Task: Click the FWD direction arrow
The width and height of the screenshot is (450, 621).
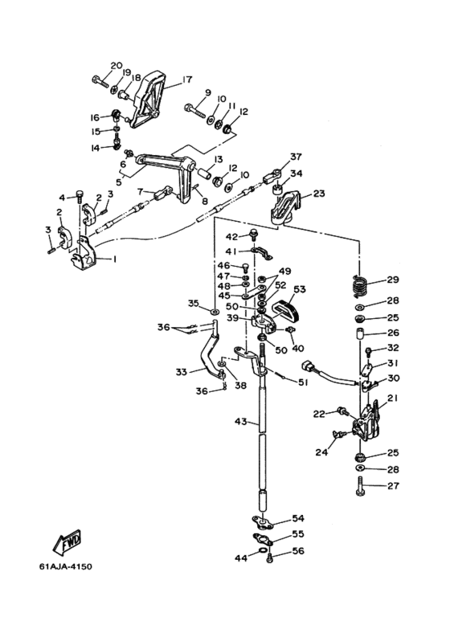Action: tap(67, 541)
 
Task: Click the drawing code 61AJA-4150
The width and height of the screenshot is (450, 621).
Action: tap(65, 566)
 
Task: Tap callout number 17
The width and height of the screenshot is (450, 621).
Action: tap(186, 80)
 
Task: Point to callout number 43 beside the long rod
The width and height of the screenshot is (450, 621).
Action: tap(240, 422)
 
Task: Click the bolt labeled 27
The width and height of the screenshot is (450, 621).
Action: tap(360, 486)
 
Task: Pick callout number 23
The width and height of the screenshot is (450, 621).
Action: tap(319, 194)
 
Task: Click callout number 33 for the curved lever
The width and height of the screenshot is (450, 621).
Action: tap(182, 372)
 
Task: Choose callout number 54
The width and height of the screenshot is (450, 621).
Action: tap(298, 518)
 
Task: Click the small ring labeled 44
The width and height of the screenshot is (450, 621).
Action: tap(262, 551)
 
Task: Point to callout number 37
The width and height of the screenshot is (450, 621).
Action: tap(296, 157)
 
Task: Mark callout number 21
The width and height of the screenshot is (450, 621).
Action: tap(393, 398)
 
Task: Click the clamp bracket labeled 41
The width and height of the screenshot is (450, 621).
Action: tap(262, 253)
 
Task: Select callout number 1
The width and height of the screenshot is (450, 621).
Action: tap(114, 259)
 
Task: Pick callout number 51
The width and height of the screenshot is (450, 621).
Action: tap(302, 382)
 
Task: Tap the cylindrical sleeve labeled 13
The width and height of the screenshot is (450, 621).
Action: tap(204, 174)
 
